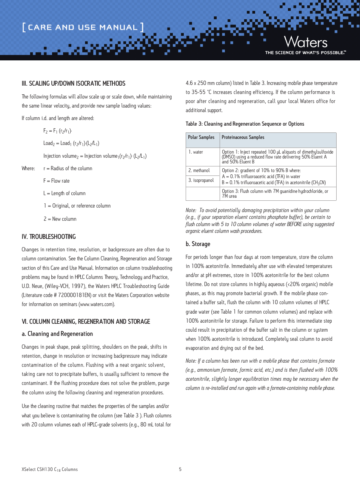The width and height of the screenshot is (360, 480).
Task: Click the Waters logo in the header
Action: point(305,42)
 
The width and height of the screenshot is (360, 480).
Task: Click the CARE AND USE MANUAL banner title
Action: point(83,27)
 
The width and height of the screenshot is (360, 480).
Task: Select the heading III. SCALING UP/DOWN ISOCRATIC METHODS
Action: point(74,83)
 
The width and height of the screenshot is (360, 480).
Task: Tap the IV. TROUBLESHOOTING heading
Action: point(49,237)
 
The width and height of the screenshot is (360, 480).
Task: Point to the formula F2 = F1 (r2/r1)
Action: point(57,131)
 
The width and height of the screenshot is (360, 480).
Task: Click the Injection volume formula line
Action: point(95,156)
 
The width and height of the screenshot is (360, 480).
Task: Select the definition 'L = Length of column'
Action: point(65,193)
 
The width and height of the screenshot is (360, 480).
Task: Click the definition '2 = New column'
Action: point(60,219)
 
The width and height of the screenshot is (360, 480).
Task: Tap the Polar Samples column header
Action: point(201,137)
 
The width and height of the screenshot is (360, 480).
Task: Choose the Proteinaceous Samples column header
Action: point(243,137)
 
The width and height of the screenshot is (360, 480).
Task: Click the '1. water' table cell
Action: point(196,152)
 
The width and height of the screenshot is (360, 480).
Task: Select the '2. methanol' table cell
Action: point(199,171)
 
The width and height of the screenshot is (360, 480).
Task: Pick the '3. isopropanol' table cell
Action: point(201,180)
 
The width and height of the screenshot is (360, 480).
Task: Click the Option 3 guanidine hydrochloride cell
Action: point(275,194)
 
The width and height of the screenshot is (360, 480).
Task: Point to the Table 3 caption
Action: point(245,124)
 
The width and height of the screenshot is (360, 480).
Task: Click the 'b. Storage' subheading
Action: point(198,244)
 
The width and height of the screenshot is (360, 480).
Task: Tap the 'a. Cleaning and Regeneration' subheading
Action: point(57,334)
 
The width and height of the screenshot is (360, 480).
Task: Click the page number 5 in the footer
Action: point(180,469)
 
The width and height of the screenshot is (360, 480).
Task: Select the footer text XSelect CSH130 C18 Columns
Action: point(50,469)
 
